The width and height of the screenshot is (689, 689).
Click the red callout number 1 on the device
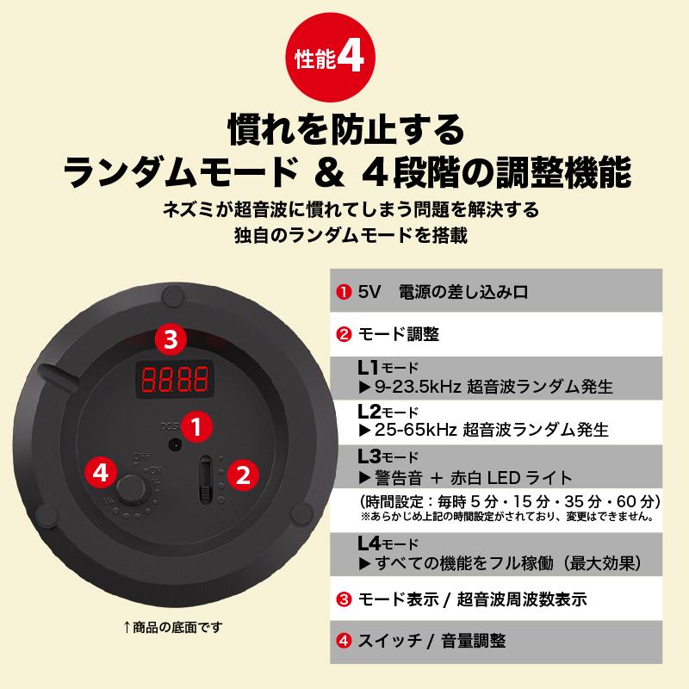pos(197,425)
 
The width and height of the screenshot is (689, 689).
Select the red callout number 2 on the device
pos(245,474)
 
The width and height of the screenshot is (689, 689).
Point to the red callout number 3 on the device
pos(171,338)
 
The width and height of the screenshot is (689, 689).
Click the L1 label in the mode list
pos(368,367)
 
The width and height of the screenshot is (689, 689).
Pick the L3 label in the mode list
pos(369,456)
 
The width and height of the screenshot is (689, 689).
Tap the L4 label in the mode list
pos(369,544)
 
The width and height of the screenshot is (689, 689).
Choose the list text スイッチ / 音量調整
pos(430,641)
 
